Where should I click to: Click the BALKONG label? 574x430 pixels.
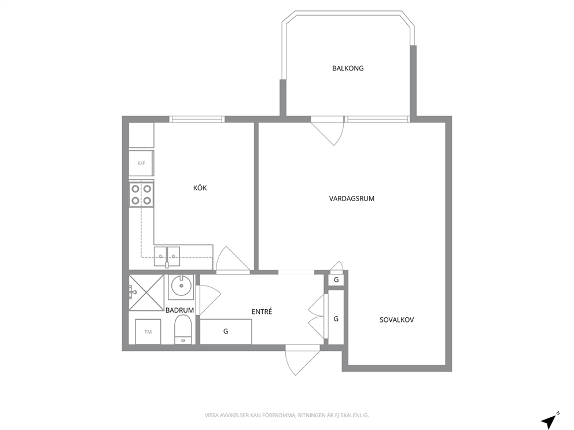point(348,68)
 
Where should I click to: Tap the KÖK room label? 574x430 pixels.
point(200,188)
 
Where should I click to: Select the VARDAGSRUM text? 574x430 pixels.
point(351,199)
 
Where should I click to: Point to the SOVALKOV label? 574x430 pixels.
point(396,320)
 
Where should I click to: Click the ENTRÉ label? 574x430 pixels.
point(262,312)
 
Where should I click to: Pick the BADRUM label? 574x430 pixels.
point(179,310)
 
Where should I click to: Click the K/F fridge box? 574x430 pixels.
point(141,163)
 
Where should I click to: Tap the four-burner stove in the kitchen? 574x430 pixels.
point(141,195)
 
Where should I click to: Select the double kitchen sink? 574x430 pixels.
point(167,256)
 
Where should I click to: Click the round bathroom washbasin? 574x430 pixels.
point(181,287)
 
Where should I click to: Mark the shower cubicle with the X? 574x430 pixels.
point(146,292)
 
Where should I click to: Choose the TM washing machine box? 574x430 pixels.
point(148,332)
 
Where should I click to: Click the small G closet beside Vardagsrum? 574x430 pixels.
point(336,280)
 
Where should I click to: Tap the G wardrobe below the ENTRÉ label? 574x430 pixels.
point(226,331)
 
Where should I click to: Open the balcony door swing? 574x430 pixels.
point(327,132)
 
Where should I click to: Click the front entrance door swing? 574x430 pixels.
point(303,360)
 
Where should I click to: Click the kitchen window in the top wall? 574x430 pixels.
point(197,119)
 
